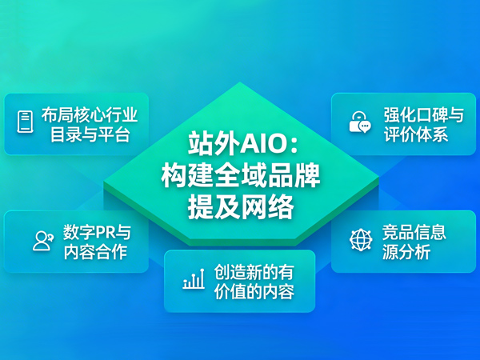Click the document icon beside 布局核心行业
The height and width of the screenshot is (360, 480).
point(26,122)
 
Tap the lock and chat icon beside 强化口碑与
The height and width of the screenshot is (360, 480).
point(359,122)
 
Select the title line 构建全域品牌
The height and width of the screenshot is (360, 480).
point(239,175)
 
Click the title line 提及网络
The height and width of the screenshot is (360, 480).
point(239,206)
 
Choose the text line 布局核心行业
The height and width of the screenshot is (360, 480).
point(84,113)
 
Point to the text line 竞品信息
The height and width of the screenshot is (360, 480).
point(414,232)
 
